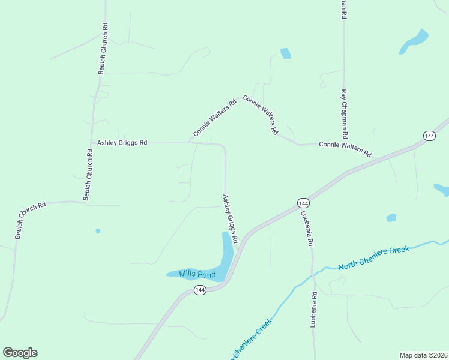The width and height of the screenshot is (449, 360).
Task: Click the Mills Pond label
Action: coord(197,274)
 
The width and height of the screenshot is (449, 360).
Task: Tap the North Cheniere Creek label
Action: coord(373,258)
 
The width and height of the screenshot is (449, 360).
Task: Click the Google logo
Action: coord(20,353)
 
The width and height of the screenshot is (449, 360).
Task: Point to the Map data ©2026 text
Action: coord(424,355)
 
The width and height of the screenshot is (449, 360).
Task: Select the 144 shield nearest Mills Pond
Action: coord(200,290)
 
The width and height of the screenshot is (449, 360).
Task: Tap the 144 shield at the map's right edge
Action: coord(429,136)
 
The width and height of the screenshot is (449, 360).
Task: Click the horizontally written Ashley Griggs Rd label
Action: coord(122,143)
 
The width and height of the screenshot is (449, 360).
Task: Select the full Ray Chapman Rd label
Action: coord(345,114)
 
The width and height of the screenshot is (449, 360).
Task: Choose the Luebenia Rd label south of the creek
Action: coord(313,310)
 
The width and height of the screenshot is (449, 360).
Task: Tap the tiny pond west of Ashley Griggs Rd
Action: coord(98,231)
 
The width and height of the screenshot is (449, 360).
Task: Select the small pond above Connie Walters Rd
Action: coord(285,53)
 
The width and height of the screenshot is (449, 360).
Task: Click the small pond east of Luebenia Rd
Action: coord(391,218)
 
